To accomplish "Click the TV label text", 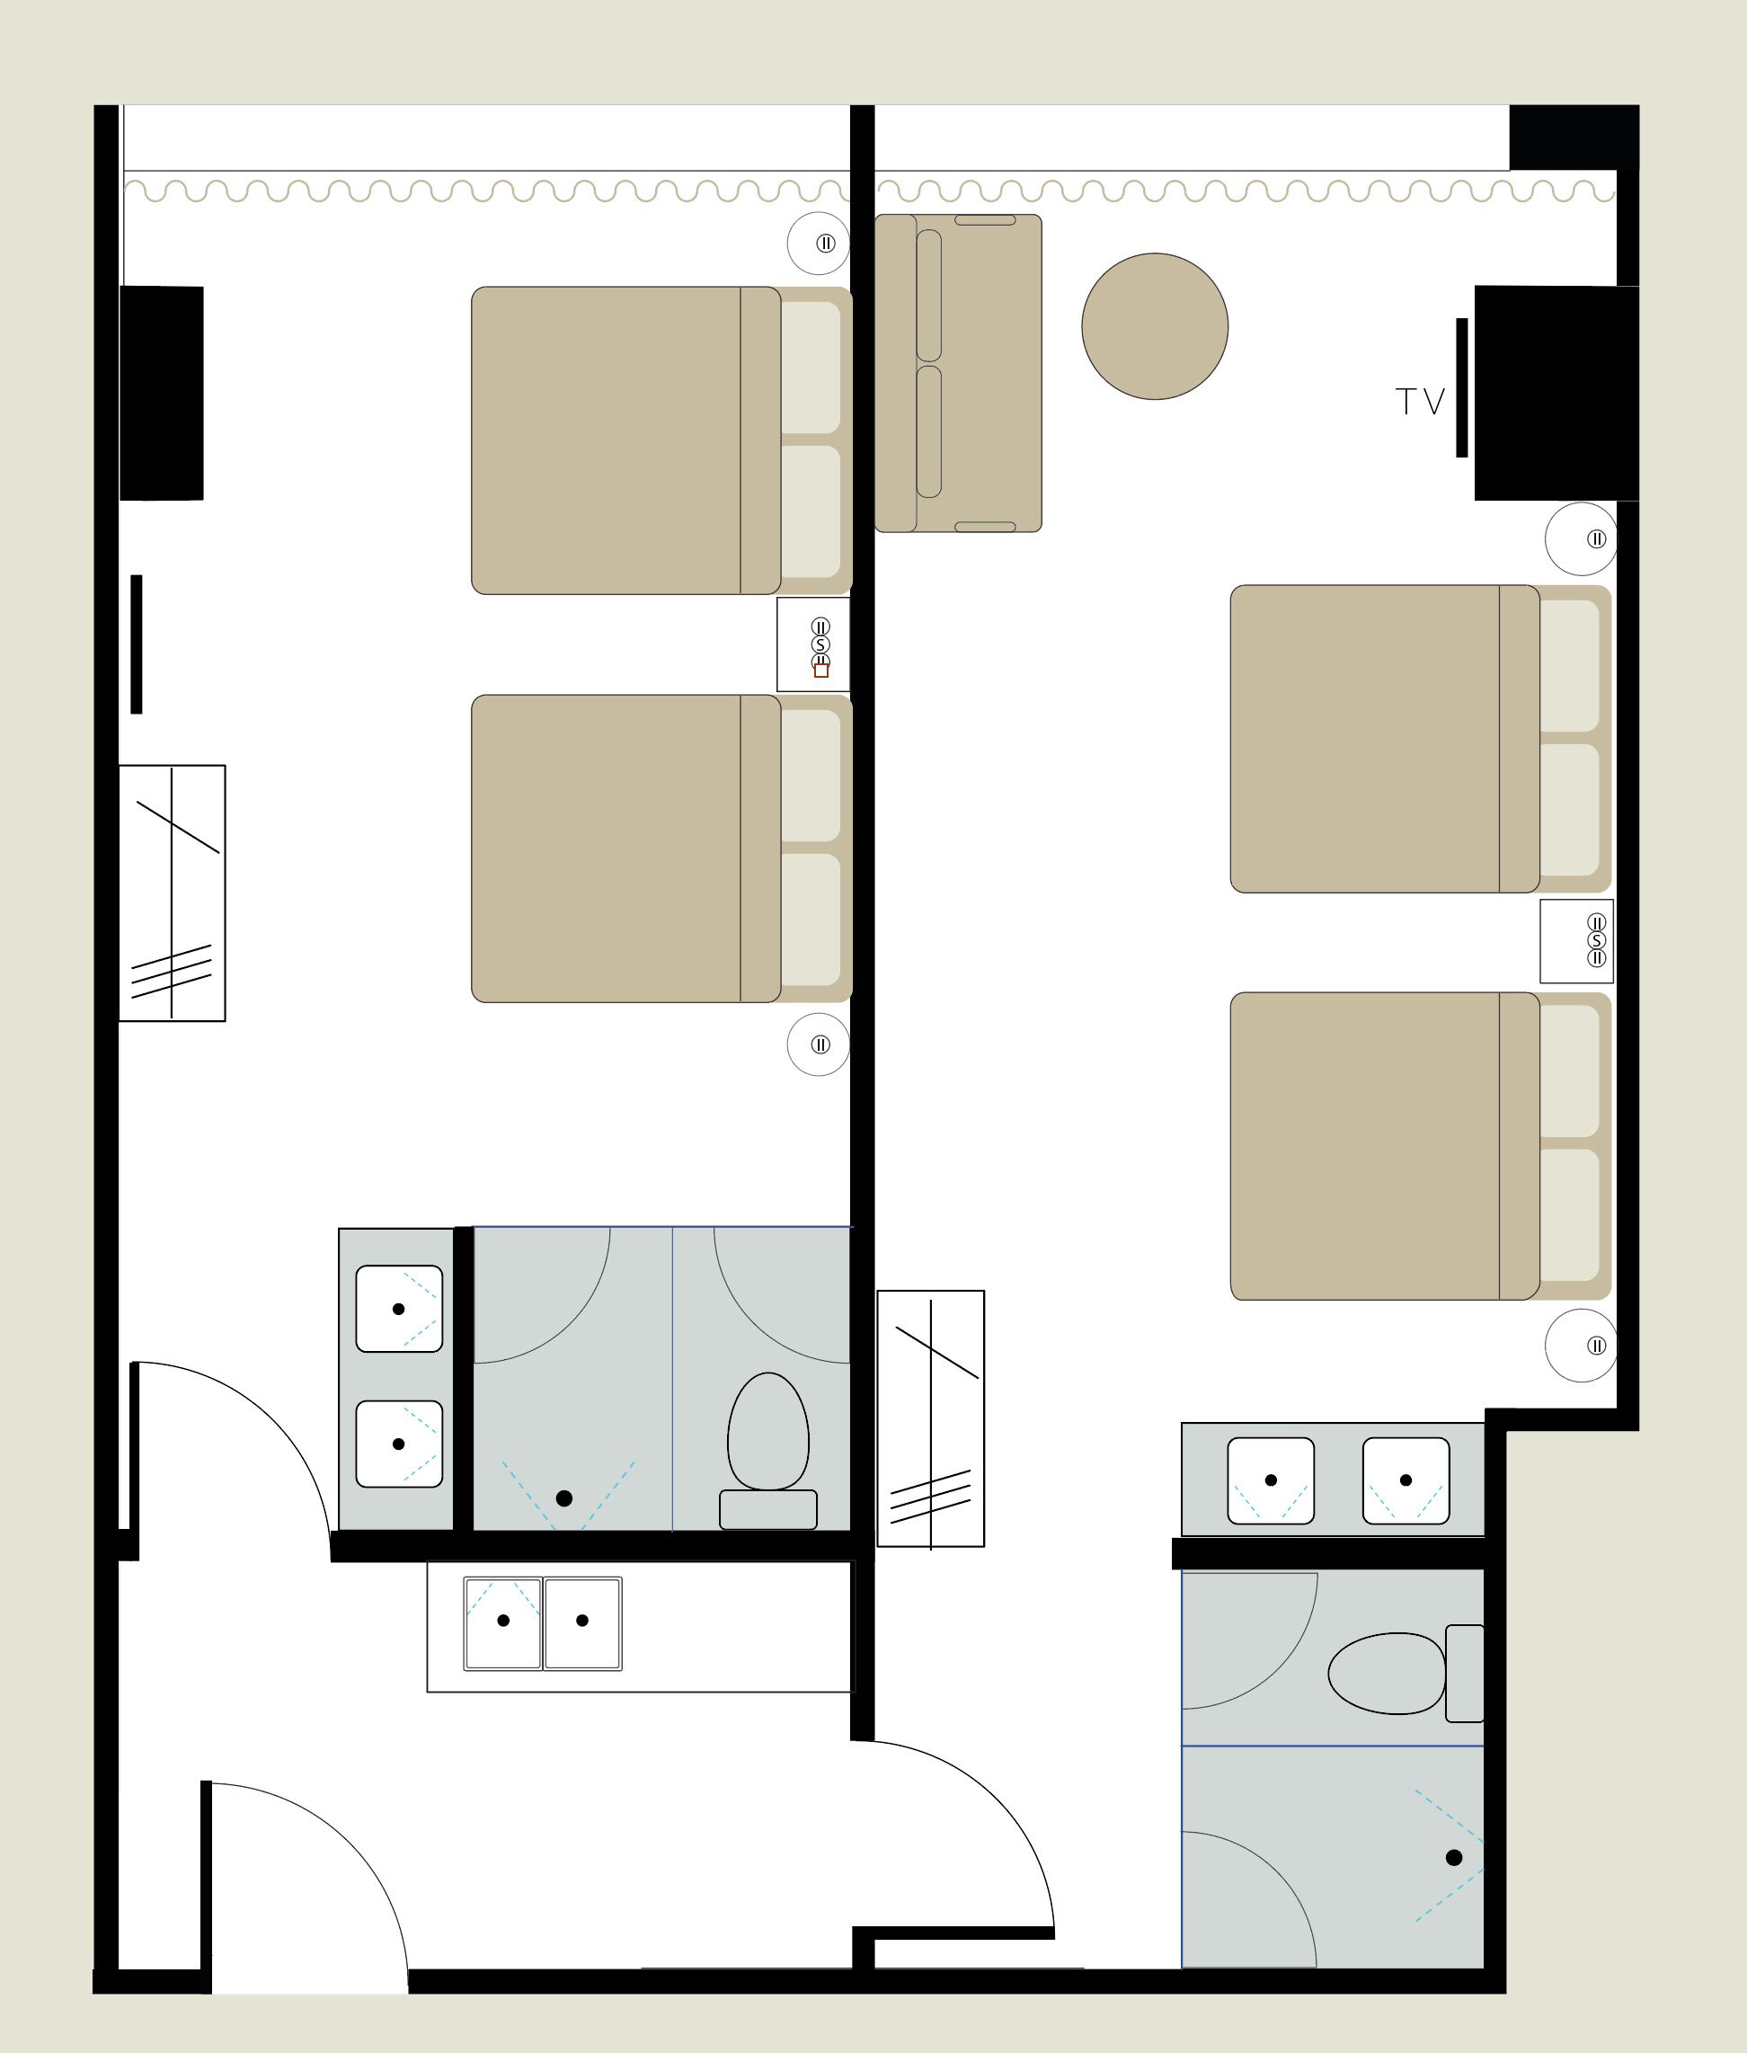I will (x=1419, y=401).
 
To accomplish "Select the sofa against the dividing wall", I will (x=958, y=372).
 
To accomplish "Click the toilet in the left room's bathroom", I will (x=767, y=1445).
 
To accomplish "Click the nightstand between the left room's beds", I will (x=813, y=644).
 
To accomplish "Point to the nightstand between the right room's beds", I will (x=1575, y=941).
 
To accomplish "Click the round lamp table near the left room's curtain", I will (x=818, y=243).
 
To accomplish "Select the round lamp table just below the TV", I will (x=1581, y=538).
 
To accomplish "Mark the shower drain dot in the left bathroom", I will (x=563, y=1498).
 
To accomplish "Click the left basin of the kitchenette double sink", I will (x=503, y=1622).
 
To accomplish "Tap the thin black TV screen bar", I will (x=1462, y=387).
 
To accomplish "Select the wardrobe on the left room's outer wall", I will (x=173, y=893).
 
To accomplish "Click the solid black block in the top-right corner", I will (x=1573, y=137).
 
